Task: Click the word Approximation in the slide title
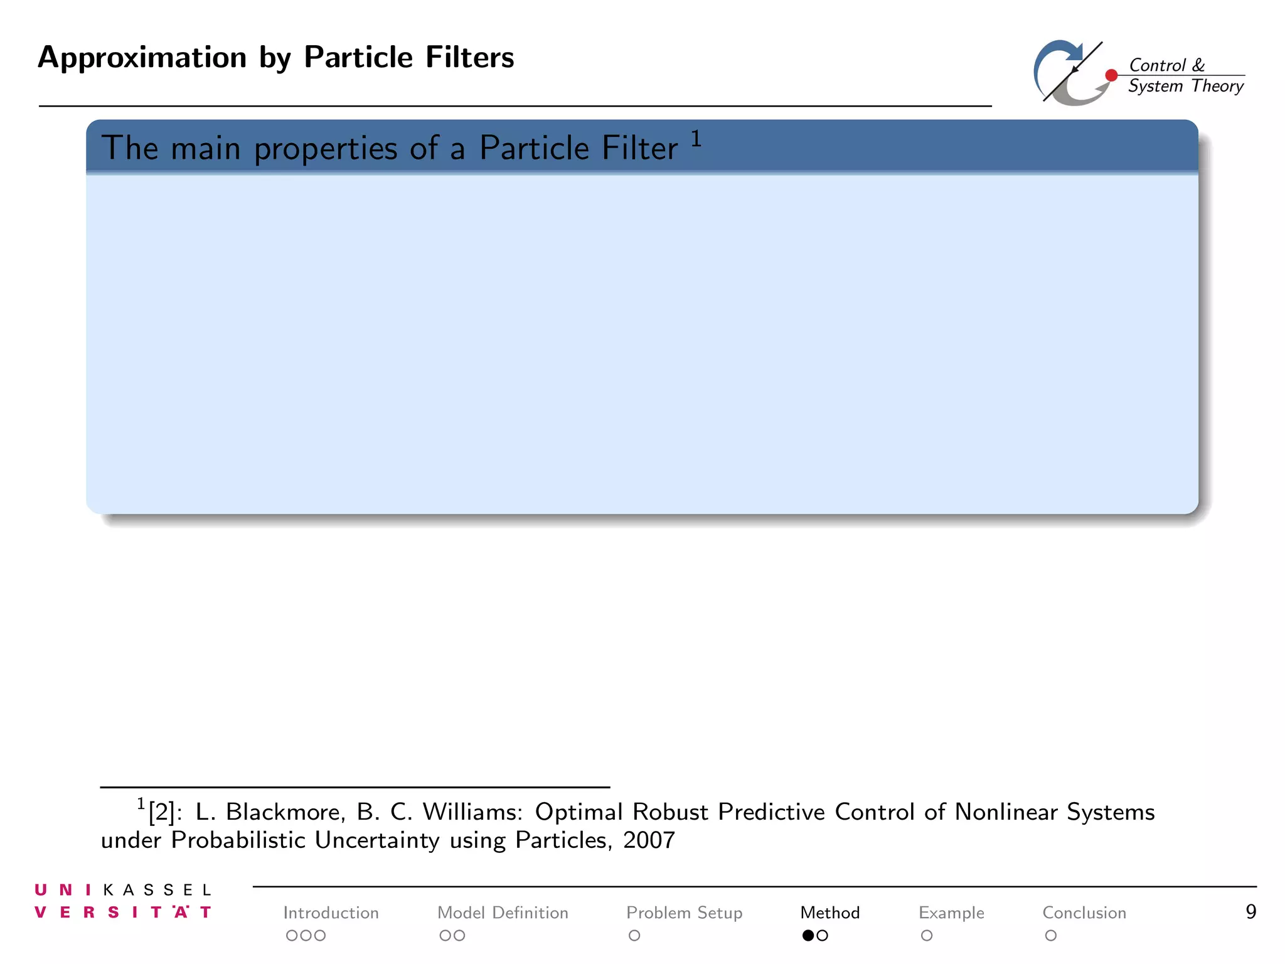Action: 142,58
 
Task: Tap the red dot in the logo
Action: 1111,75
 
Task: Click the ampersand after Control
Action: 1198,65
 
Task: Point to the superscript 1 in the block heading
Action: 696,138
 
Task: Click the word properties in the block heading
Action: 326,149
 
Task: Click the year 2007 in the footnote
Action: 649,840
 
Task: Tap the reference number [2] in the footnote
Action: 161,812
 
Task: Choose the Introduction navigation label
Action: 331,913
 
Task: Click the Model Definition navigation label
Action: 503,913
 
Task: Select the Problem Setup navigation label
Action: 684,913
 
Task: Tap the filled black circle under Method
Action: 808,936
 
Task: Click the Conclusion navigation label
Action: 1084,913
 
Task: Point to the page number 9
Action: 1250,912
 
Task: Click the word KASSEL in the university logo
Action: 157,890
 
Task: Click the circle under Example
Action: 927,936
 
